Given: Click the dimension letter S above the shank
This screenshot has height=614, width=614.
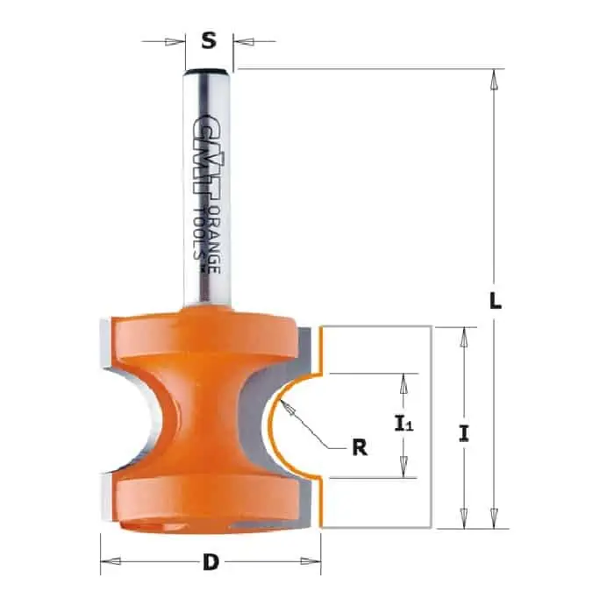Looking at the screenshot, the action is click(209, 40).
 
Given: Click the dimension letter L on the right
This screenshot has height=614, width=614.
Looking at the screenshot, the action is click(496, 300).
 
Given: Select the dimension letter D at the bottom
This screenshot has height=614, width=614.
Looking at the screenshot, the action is click(211, 563).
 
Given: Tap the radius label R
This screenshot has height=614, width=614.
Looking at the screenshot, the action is click(360, 447).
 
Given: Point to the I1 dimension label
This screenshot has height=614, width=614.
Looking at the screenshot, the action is click(403, 424).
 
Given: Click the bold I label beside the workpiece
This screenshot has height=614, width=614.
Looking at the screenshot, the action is click(464, 433).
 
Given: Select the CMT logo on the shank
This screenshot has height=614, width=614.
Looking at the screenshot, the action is click(207, 159).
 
